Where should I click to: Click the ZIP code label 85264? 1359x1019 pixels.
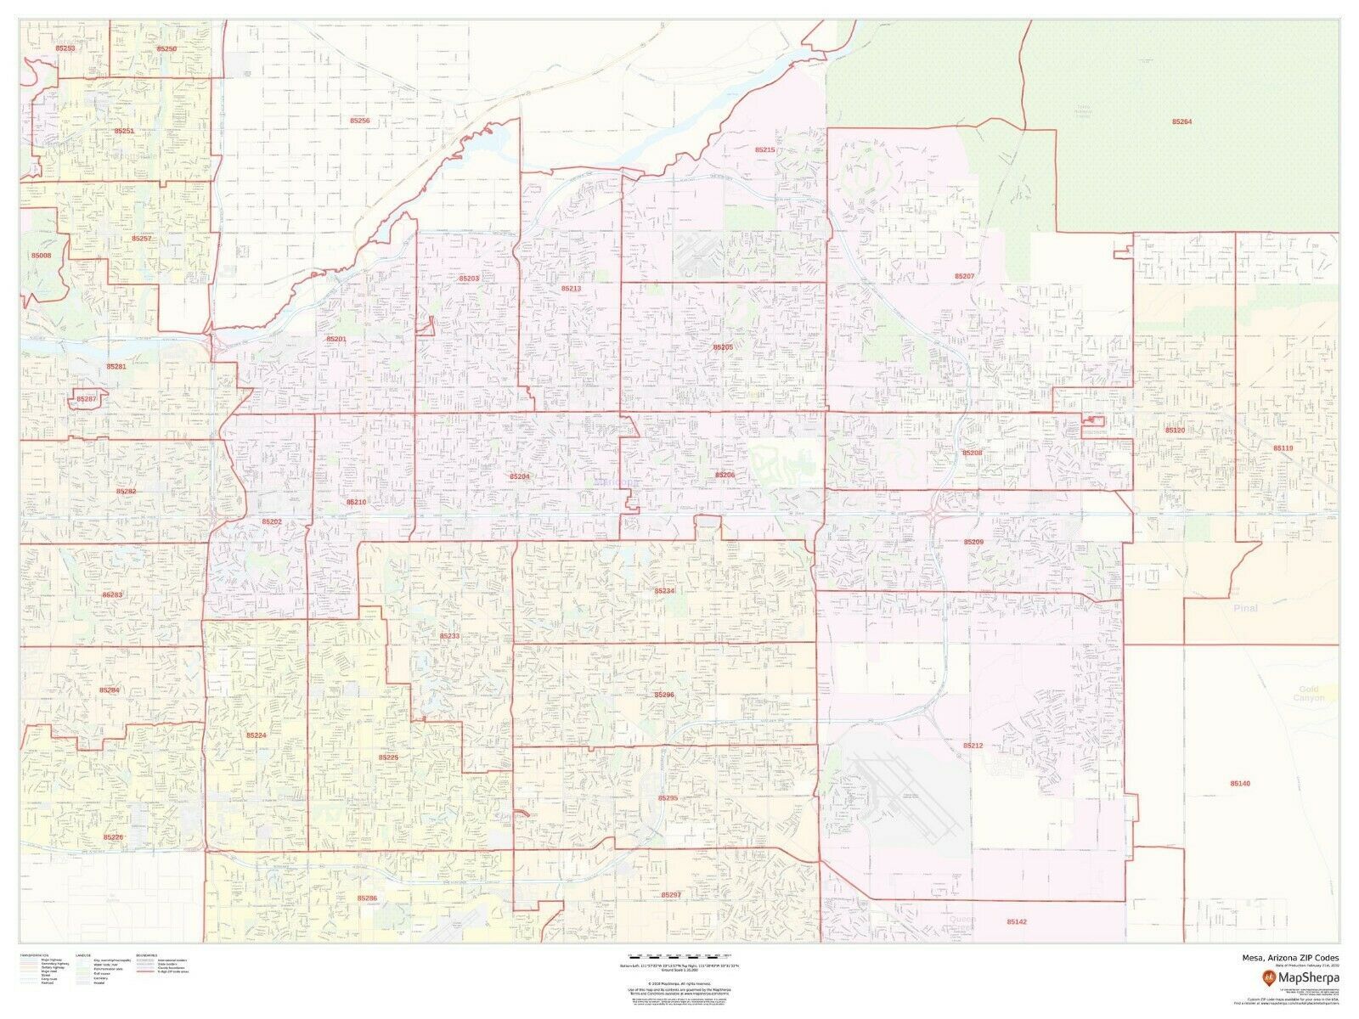click(x=1181, y=122)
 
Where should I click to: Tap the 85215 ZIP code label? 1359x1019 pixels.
click(x=764, y=149)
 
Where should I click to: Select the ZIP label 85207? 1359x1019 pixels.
click(x=964, y=277)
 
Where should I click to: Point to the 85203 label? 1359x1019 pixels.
click(x=469, y=279)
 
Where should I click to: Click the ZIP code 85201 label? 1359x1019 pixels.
click(x=336, y=338)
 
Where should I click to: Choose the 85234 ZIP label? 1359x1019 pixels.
click(x=664, y=590)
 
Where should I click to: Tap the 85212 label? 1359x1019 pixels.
click(x=973, y=745)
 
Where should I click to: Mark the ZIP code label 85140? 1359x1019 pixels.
click(x=1240, y=783)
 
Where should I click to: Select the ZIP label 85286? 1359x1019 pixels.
click(x=367, y=898)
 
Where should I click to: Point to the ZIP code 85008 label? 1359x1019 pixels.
click(x=41, y=256)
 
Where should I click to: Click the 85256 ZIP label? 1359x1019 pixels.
click(x=359, y=121)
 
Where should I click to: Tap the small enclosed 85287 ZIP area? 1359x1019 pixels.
click(x=87, y=399)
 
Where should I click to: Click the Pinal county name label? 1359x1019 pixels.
click(x=1245, y=608)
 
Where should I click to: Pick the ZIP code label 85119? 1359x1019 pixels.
click(x=1283, y=448)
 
